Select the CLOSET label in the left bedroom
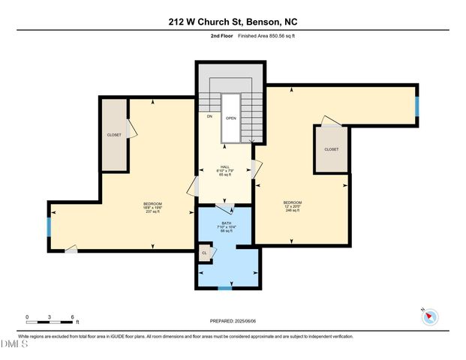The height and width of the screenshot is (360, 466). coord(114,135)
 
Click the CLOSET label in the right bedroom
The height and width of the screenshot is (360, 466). coord(331,149)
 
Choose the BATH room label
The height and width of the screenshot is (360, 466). coord(226,226)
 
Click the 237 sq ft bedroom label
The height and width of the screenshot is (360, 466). coord(152,208)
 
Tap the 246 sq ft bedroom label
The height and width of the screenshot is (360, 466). coord(292,206)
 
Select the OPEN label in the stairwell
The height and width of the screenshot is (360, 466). coord(231,118)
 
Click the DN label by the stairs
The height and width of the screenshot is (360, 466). coord(209,116)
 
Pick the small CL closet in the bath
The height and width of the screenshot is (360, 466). coord(204,253)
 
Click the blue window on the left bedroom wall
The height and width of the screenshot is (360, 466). coord(50,226)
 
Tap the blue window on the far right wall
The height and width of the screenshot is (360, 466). coord(416,106)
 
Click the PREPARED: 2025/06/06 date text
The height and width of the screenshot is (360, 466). coord(233,321)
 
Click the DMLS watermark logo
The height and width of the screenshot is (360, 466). coord(14,344)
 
